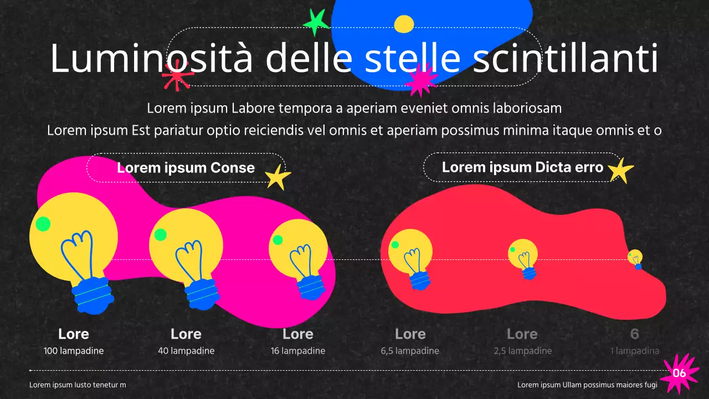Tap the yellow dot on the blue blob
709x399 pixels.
(x=404, y=24)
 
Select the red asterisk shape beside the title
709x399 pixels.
(x=177, y=75)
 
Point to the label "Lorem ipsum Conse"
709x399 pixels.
(x=186, y=167)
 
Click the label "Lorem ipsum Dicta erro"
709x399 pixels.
(x=522, y=167)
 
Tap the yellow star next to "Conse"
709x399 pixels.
(x=278, y=177)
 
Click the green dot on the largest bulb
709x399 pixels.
(x=43, y=224)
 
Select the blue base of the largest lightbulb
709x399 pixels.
(x=92, y=295)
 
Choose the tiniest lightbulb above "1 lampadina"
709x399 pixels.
(x=635, y=259)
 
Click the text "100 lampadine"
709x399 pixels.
(x=74, y=351)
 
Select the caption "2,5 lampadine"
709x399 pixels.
(x=523, y=351)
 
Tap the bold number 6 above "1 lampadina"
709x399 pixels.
(x=635, y=334)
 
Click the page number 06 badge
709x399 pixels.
(x=679, y=373)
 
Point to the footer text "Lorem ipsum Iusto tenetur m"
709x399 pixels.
(x=78, y=385)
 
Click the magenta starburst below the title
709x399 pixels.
(x=421, y=79)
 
